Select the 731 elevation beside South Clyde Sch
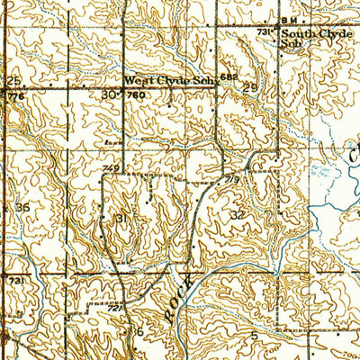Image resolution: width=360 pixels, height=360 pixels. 264,31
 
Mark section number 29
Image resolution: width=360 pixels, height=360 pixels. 249,88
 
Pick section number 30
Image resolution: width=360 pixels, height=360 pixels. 109,94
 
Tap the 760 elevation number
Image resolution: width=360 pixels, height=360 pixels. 136,94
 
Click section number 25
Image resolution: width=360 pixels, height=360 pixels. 13,80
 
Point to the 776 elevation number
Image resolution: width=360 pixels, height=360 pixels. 13,94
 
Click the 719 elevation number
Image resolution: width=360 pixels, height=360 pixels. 232,179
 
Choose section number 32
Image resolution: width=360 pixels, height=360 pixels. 238,215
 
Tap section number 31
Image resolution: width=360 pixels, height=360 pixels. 122,220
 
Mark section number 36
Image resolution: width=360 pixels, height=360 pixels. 22,207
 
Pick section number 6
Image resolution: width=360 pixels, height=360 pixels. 139,331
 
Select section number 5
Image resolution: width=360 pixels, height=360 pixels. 255,334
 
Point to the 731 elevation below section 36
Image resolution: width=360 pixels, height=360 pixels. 14,282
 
